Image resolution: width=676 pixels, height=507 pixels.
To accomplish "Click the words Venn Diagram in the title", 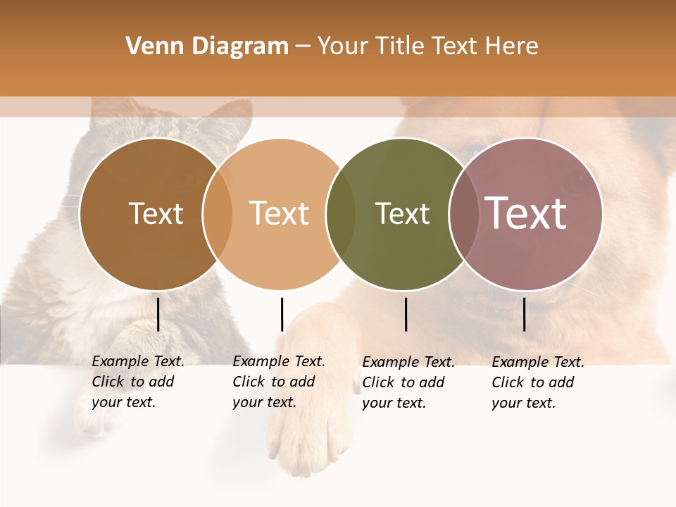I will click(207, 46).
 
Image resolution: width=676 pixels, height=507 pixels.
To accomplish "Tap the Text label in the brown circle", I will click(156, 213).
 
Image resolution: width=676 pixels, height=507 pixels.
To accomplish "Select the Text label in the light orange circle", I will click(280, 213).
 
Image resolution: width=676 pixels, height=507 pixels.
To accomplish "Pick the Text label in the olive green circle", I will click(402, 213).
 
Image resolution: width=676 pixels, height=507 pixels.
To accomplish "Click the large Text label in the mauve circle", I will click(526, 213).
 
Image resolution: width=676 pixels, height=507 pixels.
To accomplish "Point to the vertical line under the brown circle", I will click(158, 314).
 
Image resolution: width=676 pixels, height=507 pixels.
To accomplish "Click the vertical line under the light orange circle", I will click(282, 314).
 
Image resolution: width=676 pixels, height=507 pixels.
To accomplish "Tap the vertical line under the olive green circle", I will click(406, 314).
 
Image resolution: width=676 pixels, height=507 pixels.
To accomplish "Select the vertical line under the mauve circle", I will click(525, 314).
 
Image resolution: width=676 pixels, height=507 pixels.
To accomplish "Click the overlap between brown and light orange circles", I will click(218, 213).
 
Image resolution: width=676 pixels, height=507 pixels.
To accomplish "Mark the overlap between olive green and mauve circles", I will click(464, 213).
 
